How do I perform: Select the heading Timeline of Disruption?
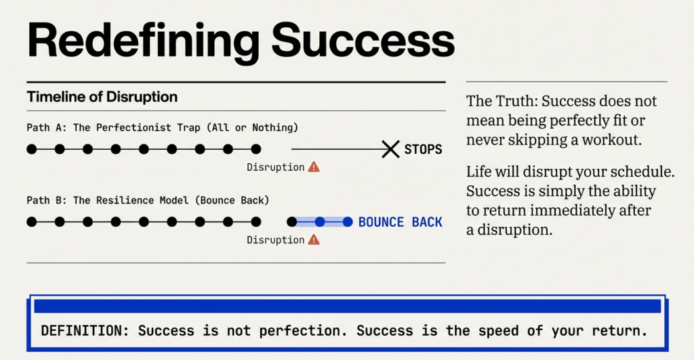[102, 97]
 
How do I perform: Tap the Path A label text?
[162, 127]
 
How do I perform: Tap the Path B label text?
[148, 200]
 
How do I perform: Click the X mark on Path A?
[390, 149]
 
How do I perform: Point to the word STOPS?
[423, 149]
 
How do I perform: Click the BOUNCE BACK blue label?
[400, 222]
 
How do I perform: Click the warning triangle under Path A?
[314, 167]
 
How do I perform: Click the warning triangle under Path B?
[314, 239]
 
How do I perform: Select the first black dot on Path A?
[32, 149]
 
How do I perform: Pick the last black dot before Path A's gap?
[256, 149]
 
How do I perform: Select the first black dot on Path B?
[32, 222]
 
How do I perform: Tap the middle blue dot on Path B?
[320, 222]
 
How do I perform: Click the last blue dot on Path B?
[348, 222]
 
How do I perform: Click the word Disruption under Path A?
[275, 167]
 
